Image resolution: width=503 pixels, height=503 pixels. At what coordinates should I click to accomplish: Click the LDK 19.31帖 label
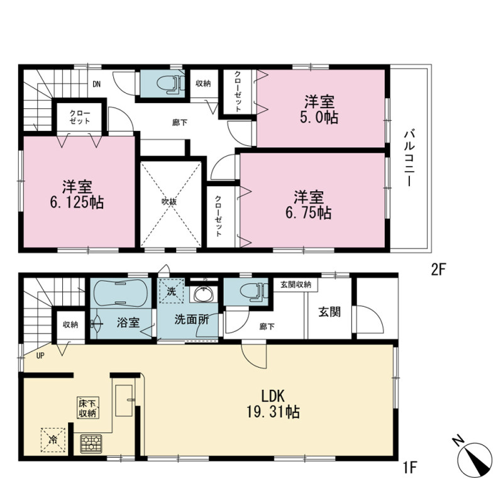[273, 404]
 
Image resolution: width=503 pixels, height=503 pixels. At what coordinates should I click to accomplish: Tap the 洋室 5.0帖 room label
[319, 109]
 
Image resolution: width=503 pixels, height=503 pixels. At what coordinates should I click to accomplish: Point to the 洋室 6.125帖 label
[77, 194]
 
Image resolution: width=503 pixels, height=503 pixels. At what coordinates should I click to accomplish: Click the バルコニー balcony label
[409, 158]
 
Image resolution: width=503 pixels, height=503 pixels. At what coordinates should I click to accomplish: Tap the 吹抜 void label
[169, 202]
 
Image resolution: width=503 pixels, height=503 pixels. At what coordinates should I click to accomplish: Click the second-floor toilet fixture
[170, 84]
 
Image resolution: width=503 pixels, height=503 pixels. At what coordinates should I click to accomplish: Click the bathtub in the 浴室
[121, 293]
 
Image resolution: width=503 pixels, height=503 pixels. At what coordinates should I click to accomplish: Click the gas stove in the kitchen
[91, 444]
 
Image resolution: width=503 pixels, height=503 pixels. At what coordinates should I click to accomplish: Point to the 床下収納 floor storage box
[87, 407]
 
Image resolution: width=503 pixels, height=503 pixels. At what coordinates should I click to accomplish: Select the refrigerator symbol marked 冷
[53, 439]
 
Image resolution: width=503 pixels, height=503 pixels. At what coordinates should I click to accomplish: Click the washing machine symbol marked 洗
[172, 291]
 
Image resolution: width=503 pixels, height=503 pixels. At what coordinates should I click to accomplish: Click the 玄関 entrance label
[329, 312]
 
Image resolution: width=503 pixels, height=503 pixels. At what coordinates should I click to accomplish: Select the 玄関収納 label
[296, 285]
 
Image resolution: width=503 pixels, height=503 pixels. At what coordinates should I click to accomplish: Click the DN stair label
[97, 84]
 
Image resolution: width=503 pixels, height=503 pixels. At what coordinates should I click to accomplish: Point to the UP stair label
[40, 355]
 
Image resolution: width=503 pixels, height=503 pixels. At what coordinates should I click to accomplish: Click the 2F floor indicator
[439, 270]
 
